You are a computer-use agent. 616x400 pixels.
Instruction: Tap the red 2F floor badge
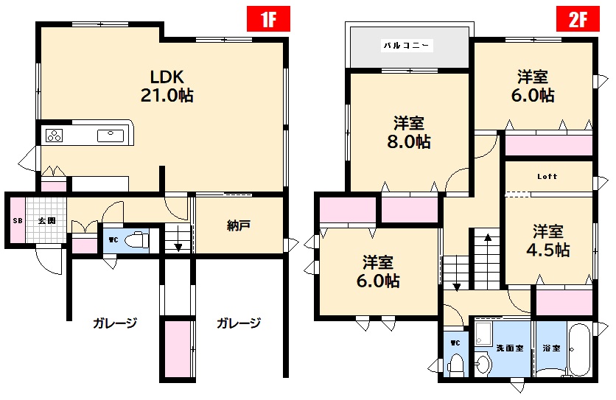tap(577, 18)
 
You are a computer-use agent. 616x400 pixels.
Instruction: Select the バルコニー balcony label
tap(407, 46)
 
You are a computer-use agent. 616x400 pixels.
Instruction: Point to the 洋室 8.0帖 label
tap(409, 133)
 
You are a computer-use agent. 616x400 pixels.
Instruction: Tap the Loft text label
tap(547, 177)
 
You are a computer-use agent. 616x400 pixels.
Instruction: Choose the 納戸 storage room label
tap(238, 225)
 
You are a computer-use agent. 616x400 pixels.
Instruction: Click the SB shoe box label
tap(15, 220)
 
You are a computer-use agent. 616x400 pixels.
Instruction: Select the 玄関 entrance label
tap(47, 220)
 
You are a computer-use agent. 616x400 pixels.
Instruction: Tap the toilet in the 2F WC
tap(455, 364)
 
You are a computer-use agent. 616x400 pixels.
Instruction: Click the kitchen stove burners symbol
tap(55, 135)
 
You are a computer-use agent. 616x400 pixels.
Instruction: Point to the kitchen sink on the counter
tap(111, 134)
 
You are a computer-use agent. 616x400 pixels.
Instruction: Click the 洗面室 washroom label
tap(509, 348)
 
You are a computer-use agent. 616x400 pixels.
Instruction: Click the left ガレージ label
tap(115, 323)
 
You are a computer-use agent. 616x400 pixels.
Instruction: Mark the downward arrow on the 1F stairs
tap(178, 246)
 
